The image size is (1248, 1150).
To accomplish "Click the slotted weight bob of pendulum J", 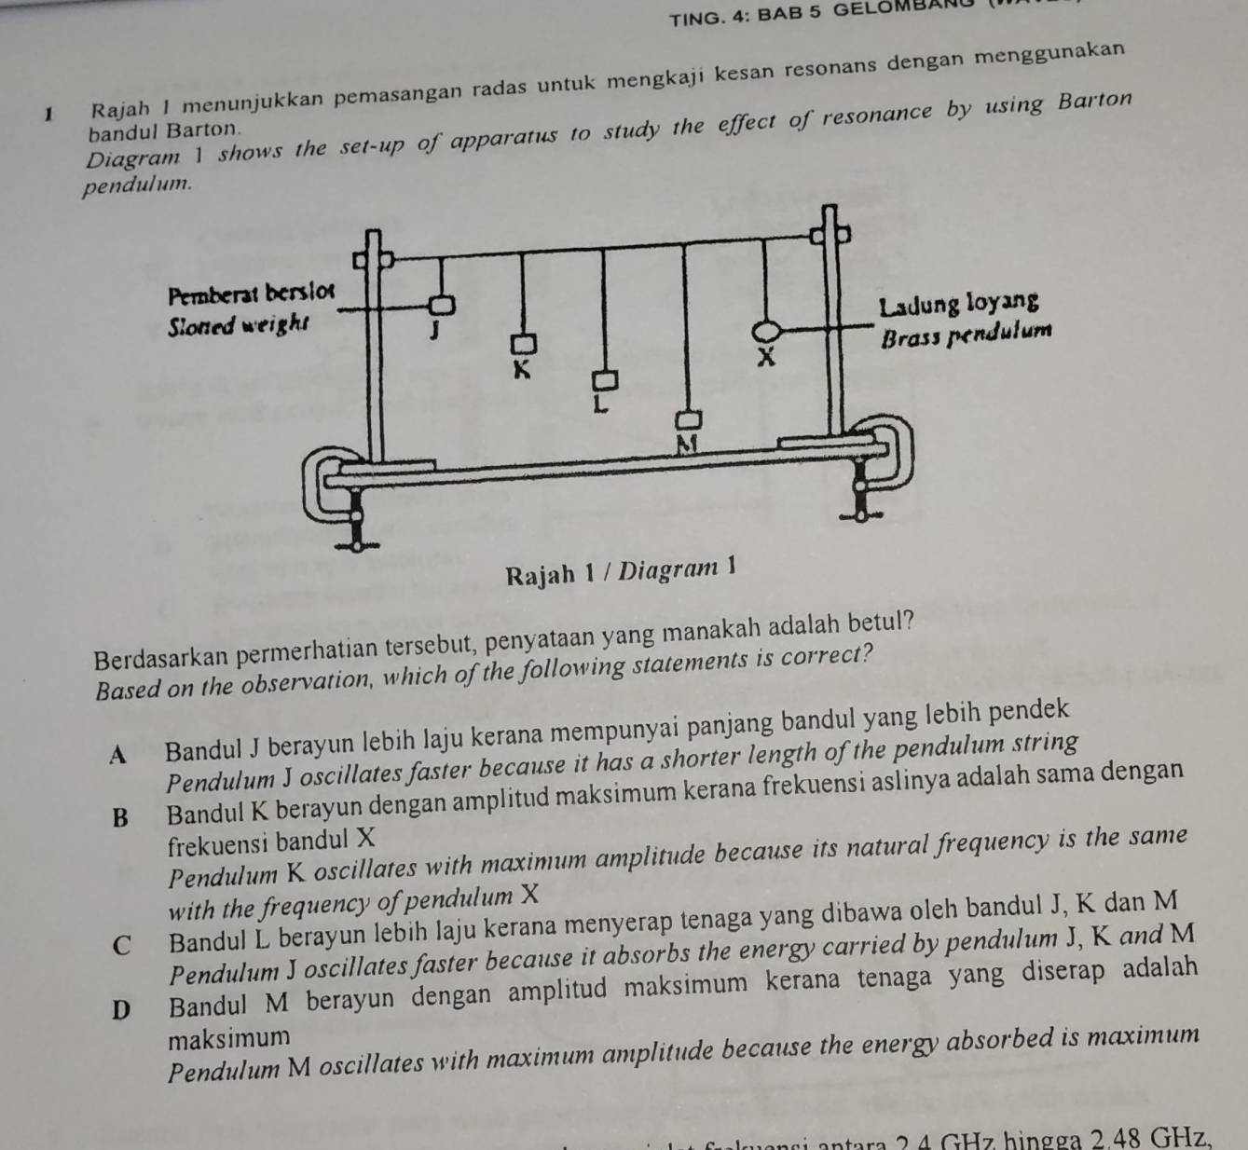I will (x=442, y=304).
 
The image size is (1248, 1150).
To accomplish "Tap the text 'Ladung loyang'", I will (x=959, y=305).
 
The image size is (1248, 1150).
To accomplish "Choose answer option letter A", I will (x=117, y=755).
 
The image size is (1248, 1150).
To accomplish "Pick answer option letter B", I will (x=120, y=817).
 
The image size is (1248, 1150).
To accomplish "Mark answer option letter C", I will (x=121, y=943).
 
